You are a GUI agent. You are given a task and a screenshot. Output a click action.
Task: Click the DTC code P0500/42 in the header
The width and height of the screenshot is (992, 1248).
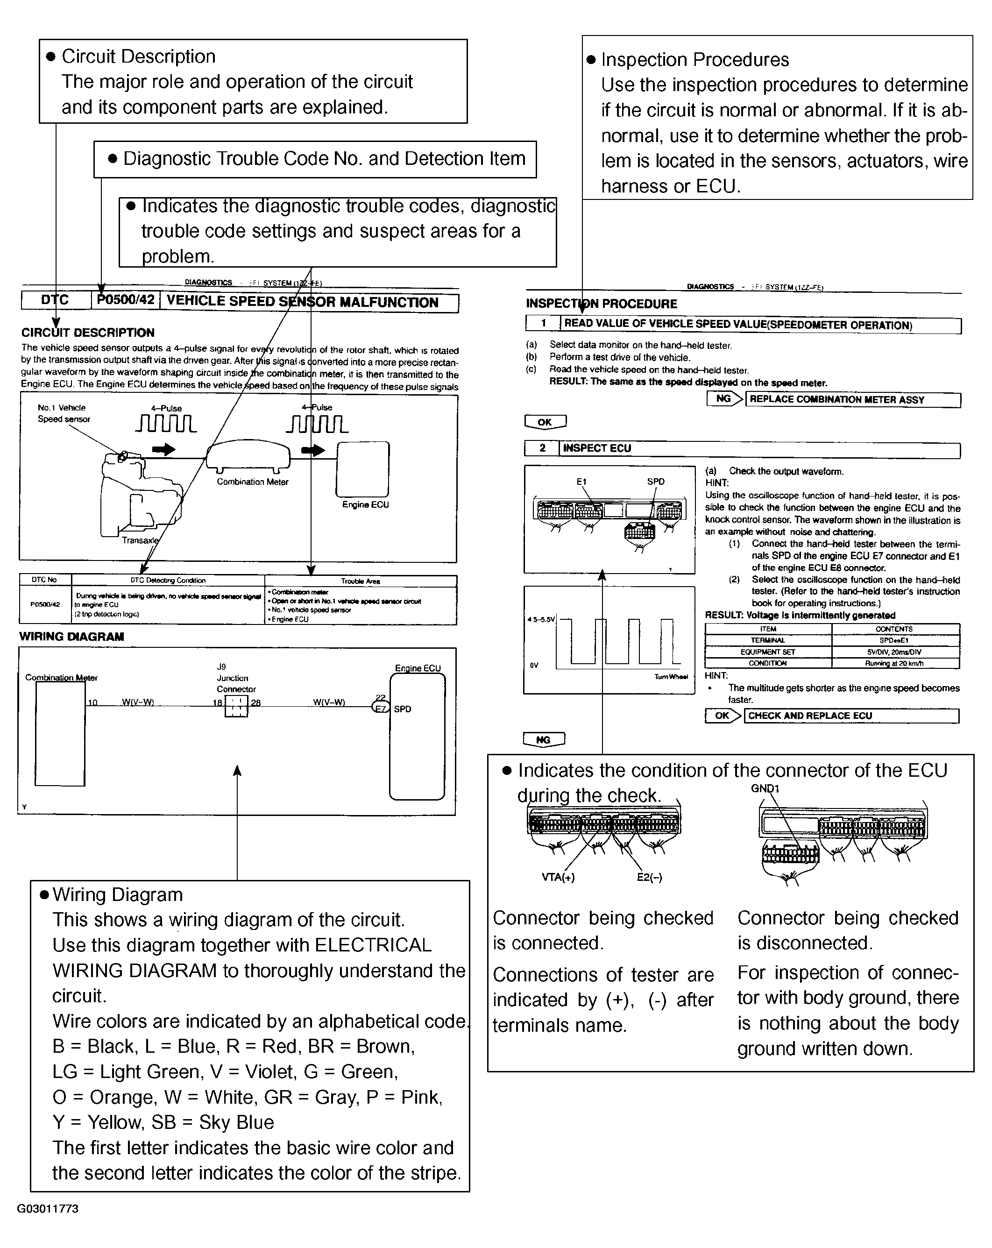coord(126,300)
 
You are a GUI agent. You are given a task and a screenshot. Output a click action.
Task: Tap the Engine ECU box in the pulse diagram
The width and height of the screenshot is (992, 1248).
coord(363,469)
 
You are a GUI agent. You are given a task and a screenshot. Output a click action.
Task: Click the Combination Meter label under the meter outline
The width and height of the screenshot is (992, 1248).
coord(252,482)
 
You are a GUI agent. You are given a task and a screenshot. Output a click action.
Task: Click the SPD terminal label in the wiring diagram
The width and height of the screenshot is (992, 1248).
coord(402,709)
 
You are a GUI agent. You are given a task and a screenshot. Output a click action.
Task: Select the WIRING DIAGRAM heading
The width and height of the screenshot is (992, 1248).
coord(72,637)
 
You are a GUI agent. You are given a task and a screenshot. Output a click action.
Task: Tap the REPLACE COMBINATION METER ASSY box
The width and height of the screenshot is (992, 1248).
coord(852,399)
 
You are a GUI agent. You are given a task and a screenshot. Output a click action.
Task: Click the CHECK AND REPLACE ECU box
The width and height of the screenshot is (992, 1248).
coord(851,716)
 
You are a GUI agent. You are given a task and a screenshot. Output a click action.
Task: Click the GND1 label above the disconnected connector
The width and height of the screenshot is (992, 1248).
coord(765,788)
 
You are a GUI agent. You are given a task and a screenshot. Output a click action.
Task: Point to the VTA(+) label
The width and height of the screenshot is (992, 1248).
coord(558,877)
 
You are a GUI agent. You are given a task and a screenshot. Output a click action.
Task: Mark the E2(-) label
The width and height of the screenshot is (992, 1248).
coord(649,877)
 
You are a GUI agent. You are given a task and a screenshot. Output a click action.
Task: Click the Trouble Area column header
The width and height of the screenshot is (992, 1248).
coord(360,581)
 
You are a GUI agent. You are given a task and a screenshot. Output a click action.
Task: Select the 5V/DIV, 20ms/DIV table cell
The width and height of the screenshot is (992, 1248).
coord(894,652)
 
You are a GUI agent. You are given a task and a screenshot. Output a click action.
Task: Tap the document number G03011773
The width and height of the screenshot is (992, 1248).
coord(48,1209)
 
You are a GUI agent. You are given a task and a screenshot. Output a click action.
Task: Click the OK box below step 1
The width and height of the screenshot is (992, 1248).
coord(545,422)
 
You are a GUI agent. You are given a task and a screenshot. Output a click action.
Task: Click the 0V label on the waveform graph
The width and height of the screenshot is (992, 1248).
coord(534,665)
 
